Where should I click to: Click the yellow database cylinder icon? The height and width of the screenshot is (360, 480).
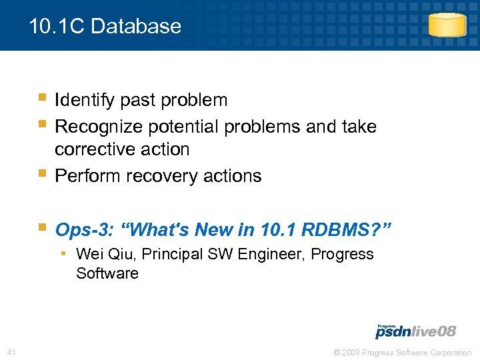(446, 25)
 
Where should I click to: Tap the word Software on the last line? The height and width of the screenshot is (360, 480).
(107, 273)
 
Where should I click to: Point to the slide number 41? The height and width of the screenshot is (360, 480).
(11, 352)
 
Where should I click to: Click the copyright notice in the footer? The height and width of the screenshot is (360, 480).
(403, 352)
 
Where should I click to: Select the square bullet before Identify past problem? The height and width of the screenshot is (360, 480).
(43, 99)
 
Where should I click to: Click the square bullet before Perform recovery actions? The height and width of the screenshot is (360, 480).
(43, 175)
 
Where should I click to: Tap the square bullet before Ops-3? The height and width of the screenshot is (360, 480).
(43, 229)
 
